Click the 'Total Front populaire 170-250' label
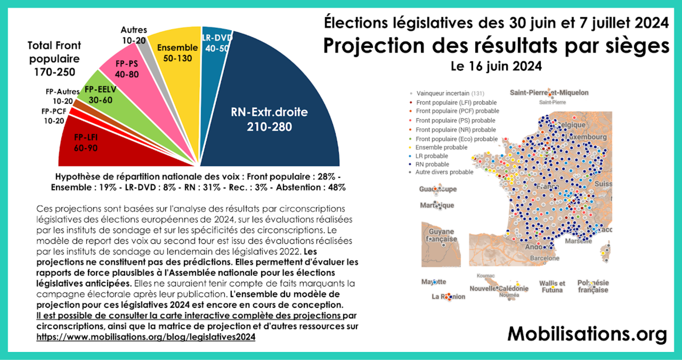pyautogui.click(x=54, y=59)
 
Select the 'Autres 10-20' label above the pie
pyautogui.click(x=134, y=35)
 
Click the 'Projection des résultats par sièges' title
pyautogui.click(x=496, y=46)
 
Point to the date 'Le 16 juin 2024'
pyautogui.click(x=496, y=66)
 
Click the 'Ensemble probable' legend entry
pyautogui.click(x=441, y=147)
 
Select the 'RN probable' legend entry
pyautogui.click(x=432, y=164)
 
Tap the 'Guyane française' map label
pyautogui.click(x=441, y=235)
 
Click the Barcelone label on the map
pyautogui.click(x=544, y=258)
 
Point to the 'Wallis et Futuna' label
pyautogui.click(x=552, y=287)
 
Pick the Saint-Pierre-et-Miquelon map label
pyautogui.click(x=549, y=93)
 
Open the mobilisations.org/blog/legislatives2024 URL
pyautogui.click(x=146, y=337)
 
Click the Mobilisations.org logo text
pyautogui.click(x=587, y=334)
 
